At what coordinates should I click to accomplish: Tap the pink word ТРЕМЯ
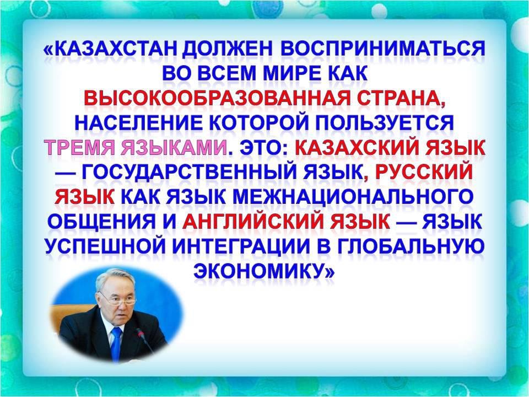[x=80, y=148]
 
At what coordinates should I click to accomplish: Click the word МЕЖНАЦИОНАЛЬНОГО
[x=352, y=197]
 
